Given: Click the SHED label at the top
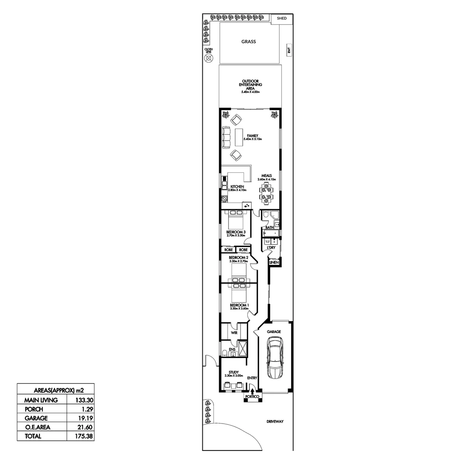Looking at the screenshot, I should pos(282,18).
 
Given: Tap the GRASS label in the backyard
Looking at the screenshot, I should pos(248,42).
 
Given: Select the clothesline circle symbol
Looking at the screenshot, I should pos(209,59).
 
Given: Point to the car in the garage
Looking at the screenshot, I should pos(274,358).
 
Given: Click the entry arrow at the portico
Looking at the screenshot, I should pos(252,391).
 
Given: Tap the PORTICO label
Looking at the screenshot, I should pos(252,397).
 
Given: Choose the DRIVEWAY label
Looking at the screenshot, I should pos(274,421).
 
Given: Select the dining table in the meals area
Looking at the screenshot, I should pos(267,192).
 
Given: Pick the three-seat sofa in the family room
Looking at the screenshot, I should pos(226,137).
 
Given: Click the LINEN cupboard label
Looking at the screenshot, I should pos(274,262).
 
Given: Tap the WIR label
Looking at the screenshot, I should pos(234,332).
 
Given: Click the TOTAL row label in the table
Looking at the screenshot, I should pos(33,436).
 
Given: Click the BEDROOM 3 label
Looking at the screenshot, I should pos(235,232).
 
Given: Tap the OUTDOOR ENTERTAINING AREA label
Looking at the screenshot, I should pos(251,84).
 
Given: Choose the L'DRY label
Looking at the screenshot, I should pos(271,248).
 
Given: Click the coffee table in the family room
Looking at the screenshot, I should pos(238,137).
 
